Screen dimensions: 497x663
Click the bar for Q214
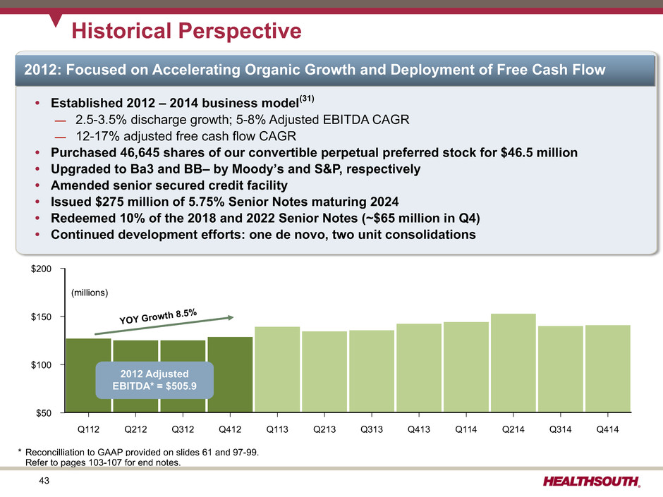click(x=513, y=362)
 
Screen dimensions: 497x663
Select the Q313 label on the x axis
click(x=372, y=427)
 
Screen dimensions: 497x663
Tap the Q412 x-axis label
click(x=230, y=427)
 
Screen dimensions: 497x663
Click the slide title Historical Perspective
click(x=188, y=31)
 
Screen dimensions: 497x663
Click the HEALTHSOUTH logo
click(x=592, y=481)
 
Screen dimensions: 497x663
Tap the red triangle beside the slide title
click(x=56, y=20)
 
